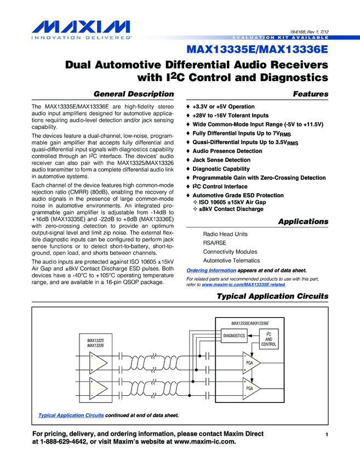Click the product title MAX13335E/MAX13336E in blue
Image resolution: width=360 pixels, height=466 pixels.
pyautogui.click(x=257, y=50)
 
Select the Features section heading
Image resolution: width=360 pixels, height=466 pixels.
pyautogui.click(x=311, y=94)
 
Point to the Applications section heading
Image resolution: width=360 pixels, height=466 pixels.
pyautogui.click(x=303, y=221)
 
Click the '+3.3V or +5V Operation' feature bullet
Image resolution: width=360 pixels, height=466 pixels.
pyautogui.click(x=224, y=106)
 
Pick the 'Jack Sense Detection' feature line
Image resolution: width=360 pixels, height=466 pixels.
pyautogui.click(x=221, y=160)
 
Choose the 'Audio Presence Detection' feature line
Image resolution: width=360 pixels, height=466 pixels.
pyautogui.click(x=227, y=151)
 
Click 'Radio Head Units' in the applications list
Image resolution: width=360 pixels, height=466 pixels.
pyautogui.click(x=225, y=234)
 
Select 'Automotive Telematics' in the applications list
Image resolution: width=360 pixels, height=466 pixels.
pyautogui.click(x=231, y=260)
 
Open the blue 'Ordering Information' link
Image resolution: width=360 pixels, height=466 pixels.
pyautogui.click(x=212, y=270)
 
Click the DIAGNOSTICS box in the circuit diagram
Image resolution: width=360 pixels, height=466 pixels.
pyautogui.click(x=234, y=336)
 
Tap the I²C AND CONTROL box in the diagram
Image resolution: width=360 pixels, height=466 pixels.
pyautogui.click(x=268, y=339)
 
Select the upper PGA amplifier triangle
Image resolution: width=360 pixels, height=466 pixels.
pyautogui.click(x=250, y=363)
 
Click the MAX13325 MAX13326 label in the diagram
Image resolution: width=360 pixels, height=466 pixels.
pyautogui.click(x=95, y=343)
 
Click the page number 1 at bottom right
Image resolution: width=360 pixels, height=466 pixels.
pyautogui.click(x=326, y=435)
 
